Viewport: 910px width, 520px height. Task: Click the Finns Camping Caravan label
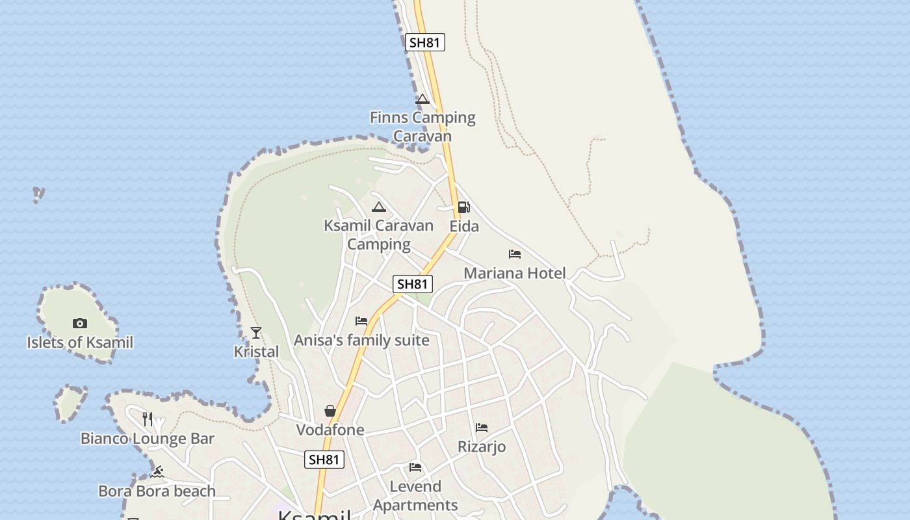point(422,127)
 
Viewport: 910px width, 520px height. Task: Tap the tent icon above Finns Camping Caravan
point(422,99)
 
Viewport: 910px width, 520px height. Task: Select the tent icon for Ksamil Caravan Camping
point(379,207)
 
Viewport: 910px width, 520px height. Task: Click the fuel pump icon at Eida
point(463,207)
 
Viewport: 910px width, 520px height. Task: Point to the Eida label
point(464,226)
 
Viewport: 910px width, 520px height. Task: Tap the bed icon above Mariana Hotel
point(515,254)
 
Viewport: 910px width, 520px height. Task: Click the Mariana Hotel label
point(514,273)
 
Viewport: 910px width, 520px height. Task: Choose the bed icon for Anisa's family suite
point(361,321)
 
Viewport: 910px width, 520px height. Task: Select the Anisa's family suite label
point(361,340)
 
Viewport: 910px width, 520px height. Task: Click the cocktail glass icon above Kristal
point(256,333)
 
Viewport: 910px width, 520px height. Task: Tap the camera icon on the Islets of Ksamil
point(80,323)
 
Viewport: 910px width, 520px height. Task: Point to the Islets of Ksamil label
point(80,343)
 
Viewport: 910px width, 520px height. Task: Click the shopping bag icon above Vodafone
point(330,411)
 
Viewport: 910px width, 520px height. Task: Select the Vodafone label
point(330,430)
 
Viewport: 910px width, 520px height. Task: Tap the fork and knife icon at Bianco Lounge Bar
point(148,419)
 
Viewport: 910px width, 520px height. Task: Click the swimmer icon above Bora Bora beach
point(157,472)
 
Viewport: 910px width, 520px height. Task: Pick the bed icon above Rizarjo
point(482,428)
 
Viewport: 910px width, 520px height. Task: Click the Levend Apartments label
point(415,495)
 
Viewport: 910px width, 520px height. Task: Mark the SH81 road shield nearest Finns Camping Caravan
point(425,43)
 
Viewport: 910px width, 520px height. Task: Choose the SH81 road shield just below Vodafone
point(324,460)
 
